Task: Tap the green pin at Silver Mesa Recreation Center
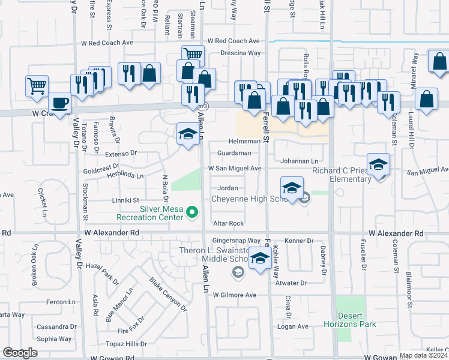tap(192, 211)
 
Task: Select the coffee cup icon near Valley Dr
tap(59, 103)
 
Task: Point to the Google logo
tap(20, 352)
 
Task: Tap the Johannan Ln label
tap(299, 161)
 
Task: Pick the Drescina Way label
tap(240, 53)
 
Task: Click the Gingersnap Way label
tap(244, 240)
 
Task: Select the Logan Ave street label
tap(292, 326)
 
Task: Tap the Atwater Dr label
tap(292, 283)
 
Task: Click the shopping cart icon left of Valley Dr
tap(37, 86)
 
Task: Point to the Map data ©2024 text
tap(423, 356)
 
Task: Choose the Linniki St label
tap(125, 200)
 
